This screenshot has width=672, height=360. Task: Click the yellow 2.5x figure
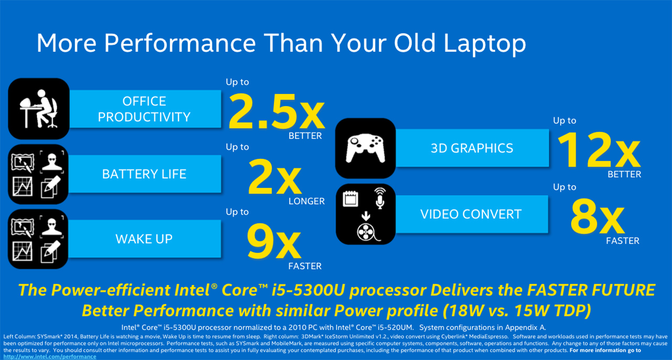277,112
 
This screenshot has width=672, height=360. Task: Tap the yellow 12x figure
599,150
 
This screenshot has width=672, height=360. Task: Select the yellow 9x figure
274,241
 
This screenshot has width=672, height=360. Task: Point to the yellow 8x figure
597,216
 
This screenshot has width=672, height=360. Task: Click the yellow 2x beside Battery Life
275,177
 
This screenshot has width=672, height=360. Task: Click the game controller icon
365,148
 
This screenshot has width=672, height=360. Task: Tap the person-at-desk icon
39,109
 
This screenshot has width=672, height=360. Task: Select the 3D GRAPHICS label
472,148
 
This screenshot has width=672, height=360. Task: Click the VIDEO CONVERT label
471,214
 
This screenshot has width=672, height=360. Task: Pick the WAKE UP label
144,239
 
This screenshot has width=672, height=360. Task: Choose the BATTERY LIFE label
144,174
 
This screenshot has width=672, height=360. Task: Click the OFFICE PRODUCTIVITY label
144,109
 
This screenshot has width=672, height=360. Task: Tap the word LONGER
307,202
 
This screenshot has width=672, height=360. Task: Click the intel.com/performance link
50,357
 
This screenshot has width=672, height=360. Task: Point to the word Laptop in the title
485,44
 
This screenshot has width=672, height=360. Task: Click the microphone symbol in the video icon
380,198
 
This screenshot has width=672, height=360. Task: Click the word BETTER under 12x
624,174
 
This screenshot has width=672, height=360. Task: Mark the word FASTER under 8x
623,241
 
